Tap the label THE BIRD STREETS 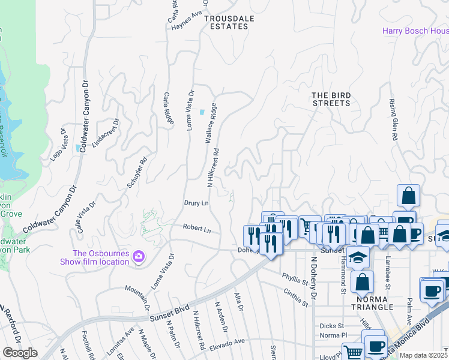click(331, 99)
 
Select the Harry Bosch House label click(416, 31)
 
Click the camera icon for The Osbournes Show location click(139, 257)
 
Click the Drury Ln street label click(196, 203)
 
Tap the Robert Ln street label click(197, 229)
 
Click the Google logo click(20, 353)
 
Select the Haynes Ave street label click(188, 14)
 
